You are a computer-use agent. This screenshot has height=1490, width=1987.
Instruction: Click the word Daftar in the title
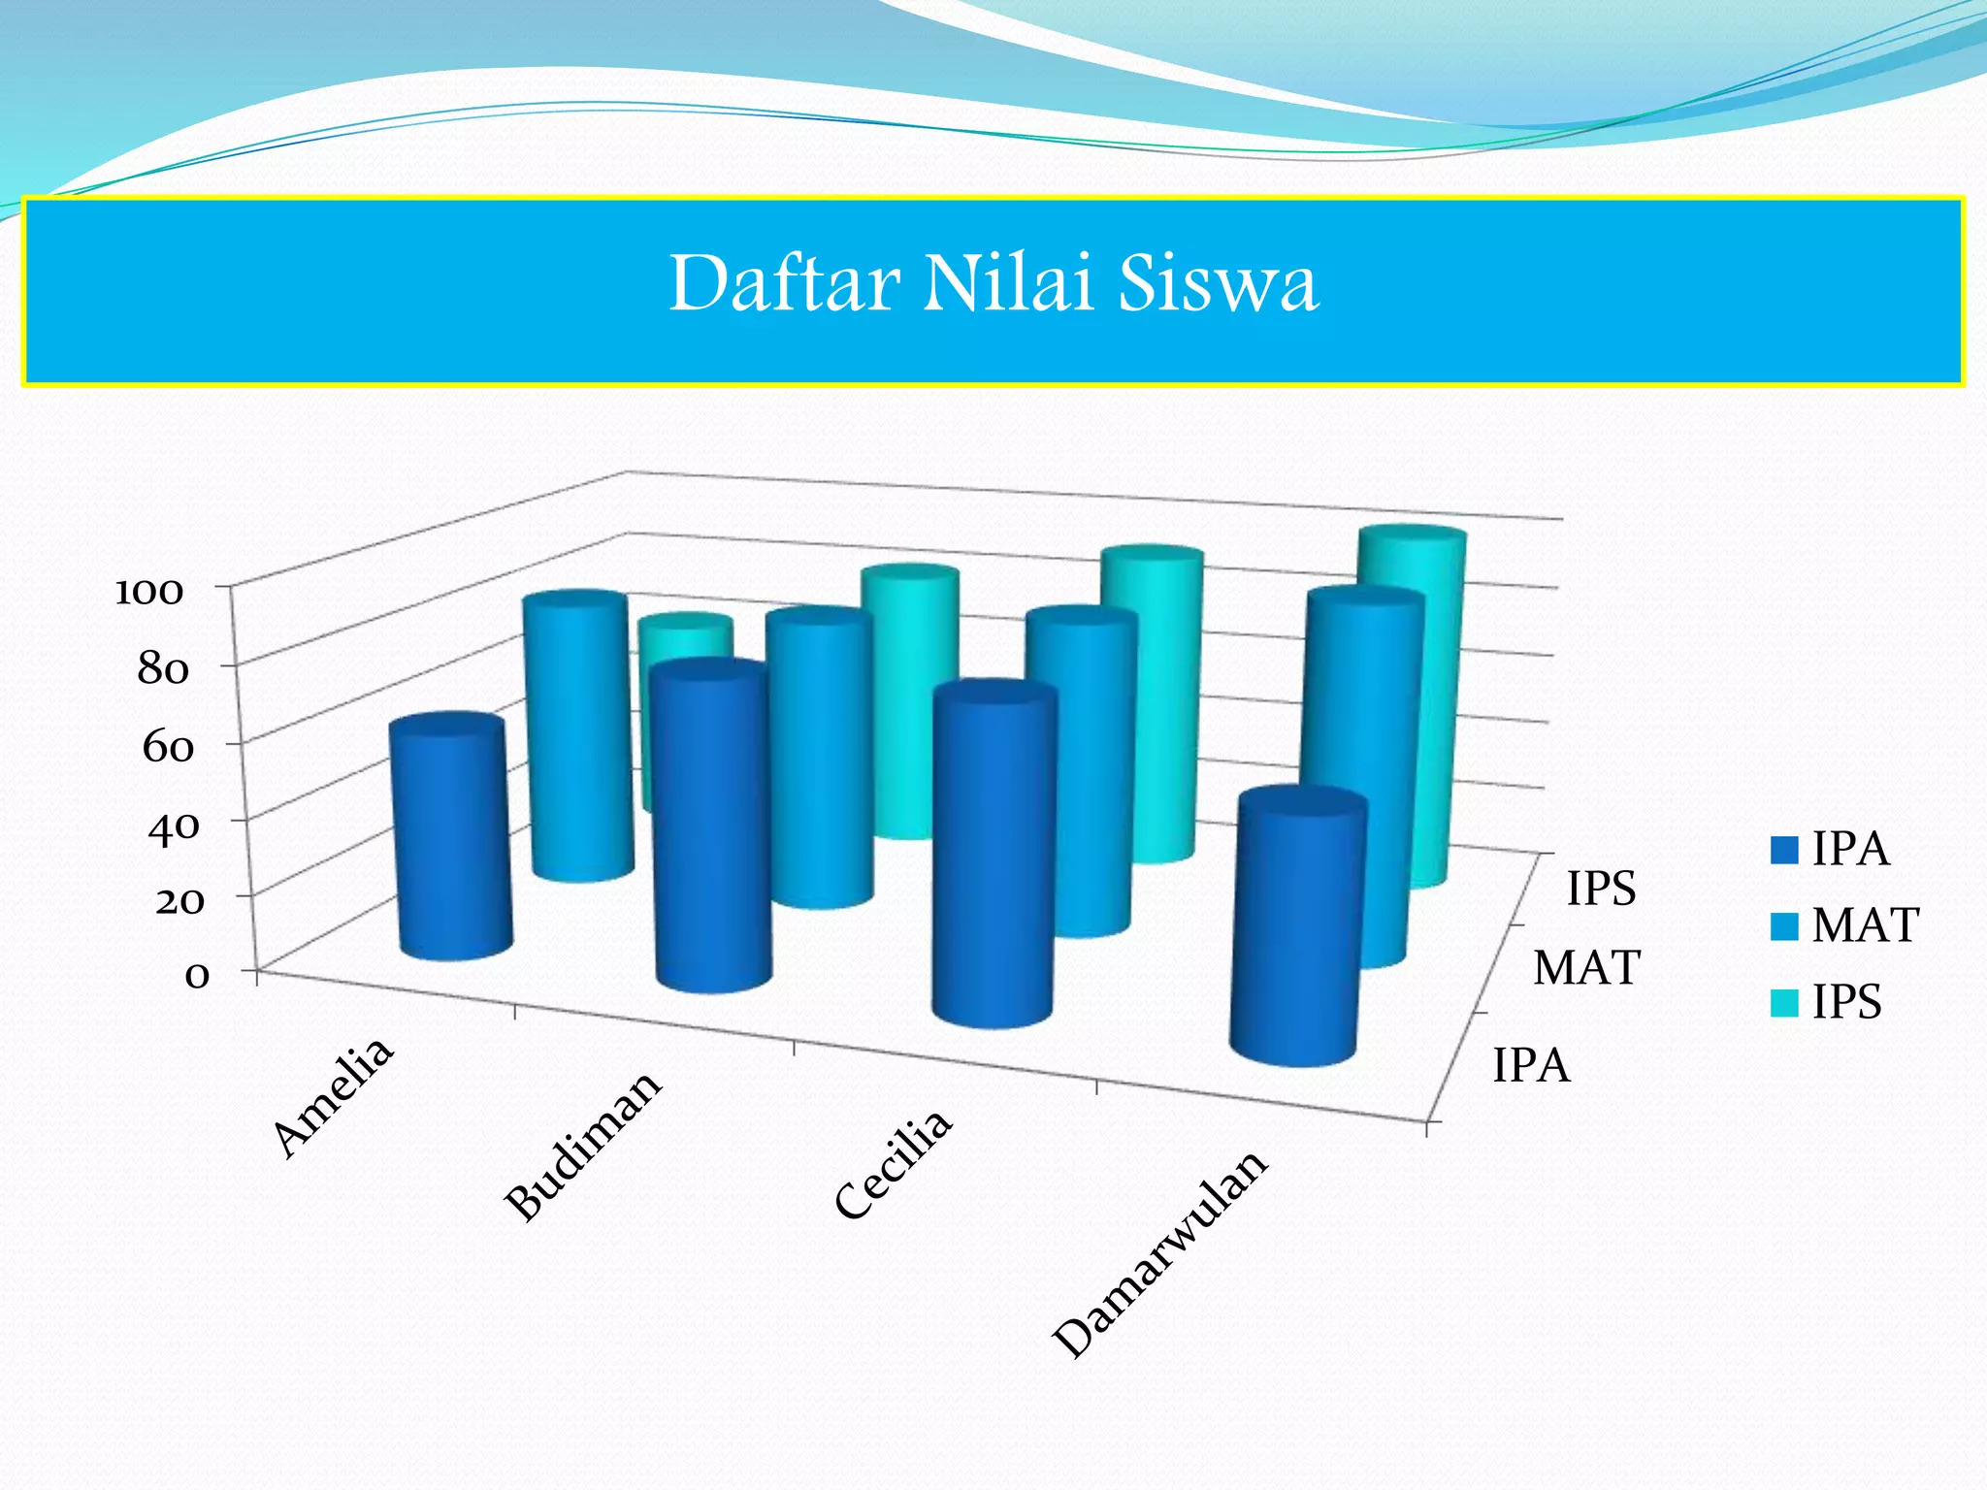pyautogui.click(x=784, y=283)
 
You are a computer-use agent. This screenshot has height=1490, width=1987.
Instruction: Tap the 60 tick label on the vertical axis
pyautogui.click(x=167, y=747)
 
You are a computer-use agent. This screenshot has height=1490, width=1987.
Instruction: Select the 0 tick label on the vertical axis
pyautogui.click(x=196, y=974)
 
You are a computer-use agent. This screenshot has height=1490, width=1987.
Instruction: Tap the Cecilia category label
pyautogui.click(x=894, y=1163)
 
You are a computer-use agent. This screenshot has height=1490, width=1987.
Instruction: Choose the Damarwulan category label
pyautogui.click(x=1160, y=1253)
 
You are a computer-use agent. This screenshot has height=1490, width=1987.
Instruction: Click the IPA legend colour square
pyautogui.click(x=1784, y=850)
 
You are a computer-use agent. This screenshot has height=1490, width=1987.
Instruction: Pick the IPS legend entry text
pyautogui.click(x=1847, y=1001)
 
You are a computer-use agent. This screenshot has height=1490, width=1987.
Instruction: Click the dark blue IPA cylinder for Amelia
pyautogui.click(x=451, y=839)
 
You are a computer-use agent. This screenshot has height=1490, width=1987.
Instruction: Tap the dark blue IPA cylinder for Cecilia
pyautogui.click(x=993, y=854)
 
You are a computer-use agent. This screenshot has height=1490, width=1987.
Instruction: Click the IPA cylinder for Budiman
pyautogui.click(x=711, y=825)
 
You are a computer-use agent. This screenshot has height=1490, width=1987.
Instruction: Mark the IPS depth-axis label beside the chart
pyautogui.click(x=1602, y=889)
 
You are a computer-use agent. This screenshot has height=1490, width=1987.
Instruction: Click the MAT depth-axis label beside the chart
pyautogui.click(x=1586, y=968)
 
